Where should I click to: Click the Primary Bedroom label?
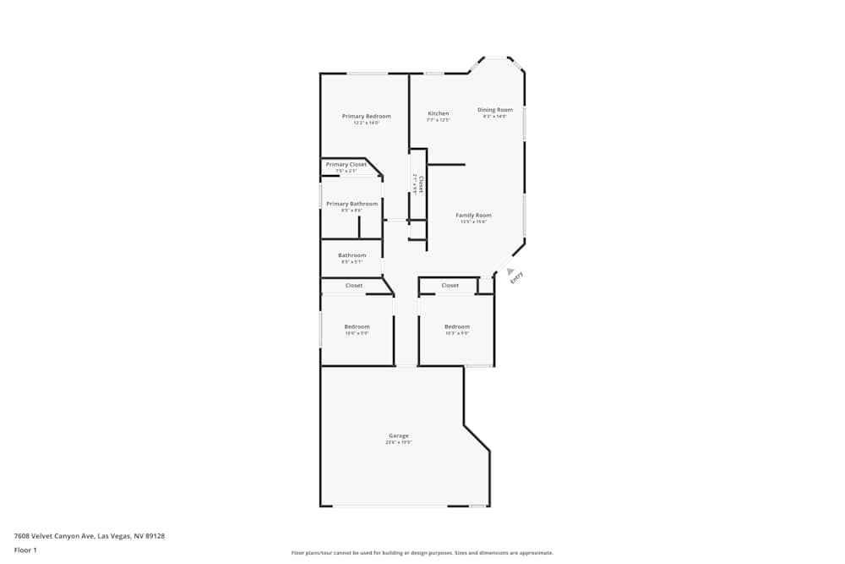(x=366, y=116)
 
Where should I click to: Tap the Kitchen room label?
(x=438, y=113)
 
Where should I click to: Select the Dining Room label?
(x=494, y=110)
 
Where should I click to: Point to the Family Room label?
(x=473, y=216)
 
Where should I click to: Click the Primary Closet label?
(x=346, y=164)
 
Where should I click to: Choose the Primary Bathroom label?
(x=352, y=204)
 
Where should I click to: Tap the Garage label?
(x=398, y=435)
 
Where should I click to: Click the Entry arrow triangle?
(x=510, y=271)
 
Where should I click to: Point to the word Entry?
(x=516, y=277)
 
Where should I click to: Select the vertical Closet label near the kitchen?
(x=420, y=183)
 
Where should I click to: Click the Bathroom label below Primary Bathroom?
(x=352, y=255)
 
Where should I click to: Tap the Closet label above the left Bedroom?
(x=354, y=286)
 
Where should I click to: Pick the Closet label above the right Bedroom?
(x=450, y=286)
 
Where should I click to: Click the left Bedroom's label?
(x=357, y=326)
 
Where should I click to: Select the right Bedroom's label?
(x=456, y=326)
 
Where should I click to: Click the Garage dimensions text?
(x=398, y=442)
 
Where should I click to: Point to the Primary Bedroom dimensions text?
(x=366, y=123)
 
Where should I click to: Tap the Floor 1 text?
(x=25, y=550)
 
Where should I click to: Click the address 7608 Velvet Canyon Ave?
(x=89, y=535)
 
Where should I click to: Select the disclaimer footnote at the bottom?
(x=422, y=553)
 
